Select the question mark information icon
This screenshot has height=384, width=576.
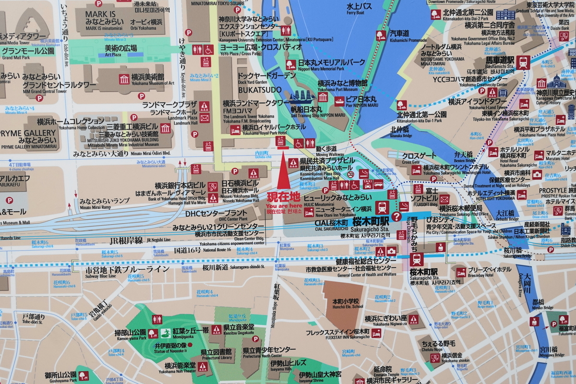click(x=396, y=216)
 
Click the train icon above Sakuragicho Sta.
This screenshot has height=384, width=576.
click(x=383, y=208)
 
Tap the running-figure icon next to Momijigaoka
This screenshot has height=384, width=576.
click(x=166, y=333)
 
